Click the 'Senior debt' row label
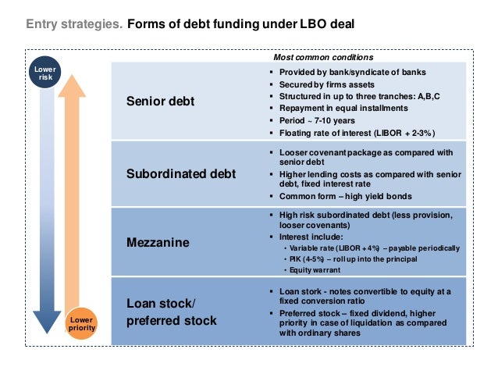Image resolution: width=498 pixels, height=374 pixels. tap(160, 102)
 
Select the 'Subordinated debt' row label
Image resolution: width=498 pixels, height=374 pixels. tap(181, 173)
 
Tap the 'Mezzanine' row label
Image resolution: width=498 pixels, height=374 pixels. tap(158, 243)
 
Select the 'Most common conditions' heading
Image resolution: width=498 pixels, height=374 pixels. tap(323, 57)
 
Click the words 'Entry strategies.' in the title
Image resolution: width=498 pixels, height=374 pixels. tap(74, 24)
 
